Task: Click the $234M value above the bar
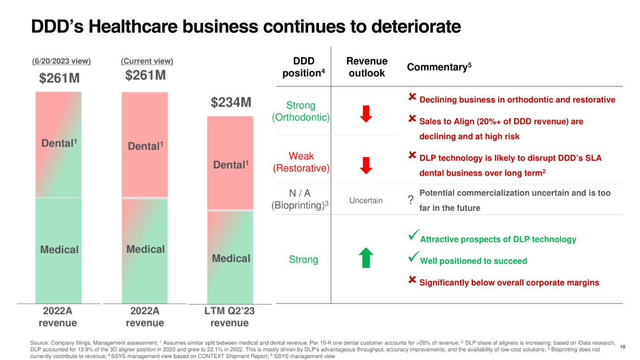(231, 102)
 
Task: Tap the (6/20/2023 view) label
(62, 61)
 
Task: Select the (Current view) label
(147, 61)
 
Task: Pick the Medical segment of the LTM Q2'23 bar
(230, 257)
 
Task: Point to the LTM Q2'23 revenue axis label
(229, 317)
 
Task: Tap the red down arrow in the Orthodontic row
(366, 113)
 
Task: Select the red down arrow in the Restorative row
(366, 165)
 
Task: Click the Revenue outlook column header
(367, 67)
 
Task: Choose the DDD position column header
(304, 67)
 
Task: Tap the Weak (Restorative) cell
(301, 162)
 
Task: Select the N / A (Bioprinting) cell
(300, 199)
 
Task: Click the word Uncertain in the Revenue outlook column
(366, 200)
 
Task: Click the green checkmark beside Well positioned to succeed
(413, 257)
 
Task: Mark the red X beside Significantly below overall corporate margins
(413, 280)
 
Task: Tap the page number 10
(622, 347)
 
